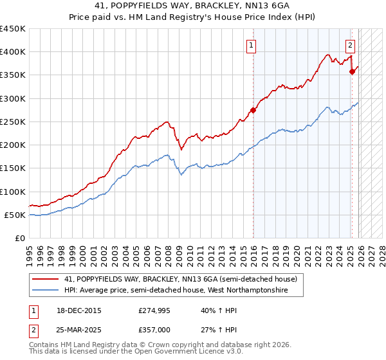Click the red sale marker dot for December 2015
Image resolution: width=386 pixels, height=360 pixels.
[x=253, y=110]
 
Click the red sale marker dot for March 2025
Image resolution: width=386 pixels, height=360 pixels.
[x=352, y=72]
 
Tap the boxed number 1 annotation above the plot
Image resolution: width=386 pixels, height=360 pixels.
[x=250, y=45]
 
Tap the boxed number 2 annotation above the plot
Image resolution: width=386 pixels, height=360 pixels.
[x=350, y=45]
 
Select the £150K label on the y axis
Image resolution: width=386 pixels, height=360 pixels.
[x=13, y=168]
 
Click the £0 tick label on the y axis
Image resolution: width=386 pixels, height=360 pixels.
[x=20, y=238]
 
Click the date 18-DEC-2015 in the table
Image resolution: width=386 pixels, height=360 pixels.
[x=82, y=310]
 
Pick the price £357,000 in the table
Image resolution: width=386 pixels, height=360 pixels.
[x=158, y=328]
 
